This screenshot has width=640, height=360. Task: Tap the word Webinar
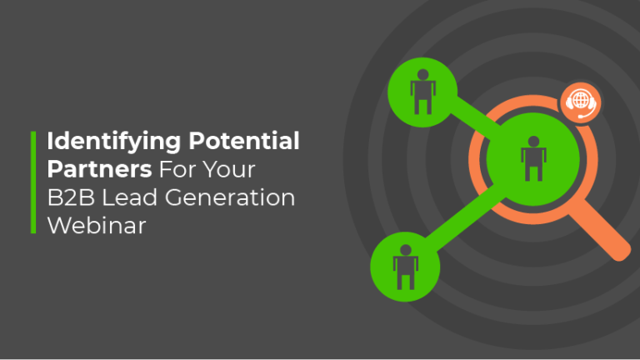[x=97, y=225]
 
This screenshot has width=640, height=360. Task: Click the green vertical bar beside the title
[x=33, y=181]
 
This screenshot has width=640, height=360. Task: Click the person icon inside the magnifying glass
[x=531, y=160]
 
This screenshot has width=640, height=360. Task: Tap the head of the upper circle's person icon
[x=422, y=84]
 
